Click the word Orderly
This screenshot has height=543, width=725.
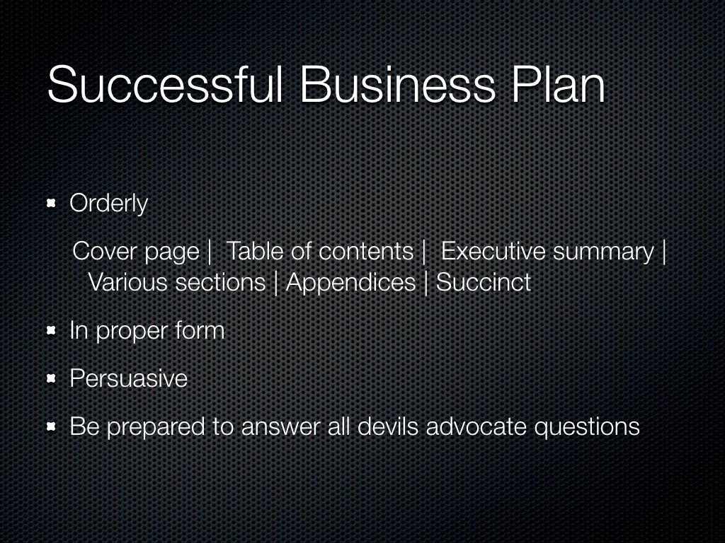point(108,204)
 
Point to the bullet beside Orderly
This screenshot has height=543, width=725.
point(52,204)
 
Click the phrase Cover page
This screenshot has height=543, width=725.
point(136,251)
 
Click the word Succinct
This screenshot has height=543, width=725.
point(484,283)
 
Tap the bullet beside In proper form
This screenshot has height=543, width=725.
point(52,331)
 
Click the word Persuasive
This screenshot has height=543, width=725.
point(128,378)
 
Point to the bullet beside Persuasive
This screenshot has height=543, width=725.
point(52,379)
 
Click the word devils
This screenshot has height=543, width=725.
point(383,426)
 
